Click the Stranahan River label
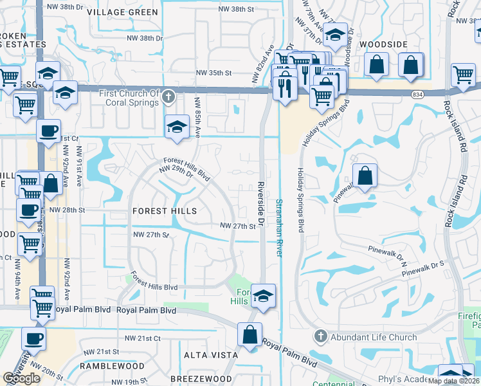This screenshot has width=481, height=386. [279, 228]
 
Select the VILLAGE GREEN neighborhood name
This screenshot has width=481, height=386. [122, 12]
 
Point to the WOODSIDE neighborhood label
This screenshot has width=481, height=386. [384, 44]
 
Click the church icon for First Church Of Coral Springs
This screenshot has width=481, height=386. [168, 98]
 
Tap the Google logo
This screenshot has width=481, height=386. [22, 378]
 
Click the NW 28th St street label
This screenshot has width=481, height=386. [67, 210]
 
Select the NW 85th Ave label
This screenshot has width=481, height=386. [198, 117]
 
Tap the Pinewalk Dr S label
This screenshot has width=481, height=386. [424, 264]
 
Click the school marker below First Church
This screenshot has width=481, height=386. [177, 125]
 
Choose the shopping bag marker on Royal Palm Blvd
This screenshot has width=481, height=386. [250, 334]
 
